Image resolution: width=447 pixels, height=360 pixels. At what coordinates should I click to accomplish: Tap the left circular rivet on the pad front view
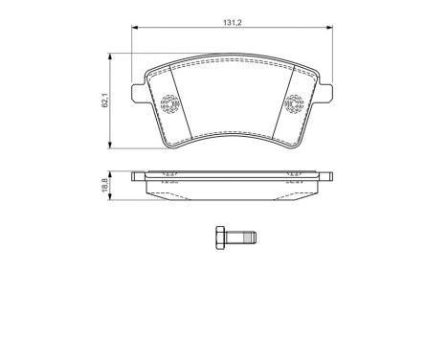point(171,103)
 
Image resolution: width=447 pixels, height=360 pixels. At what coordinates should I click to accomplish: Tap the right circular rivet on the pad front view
point(294,103)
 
